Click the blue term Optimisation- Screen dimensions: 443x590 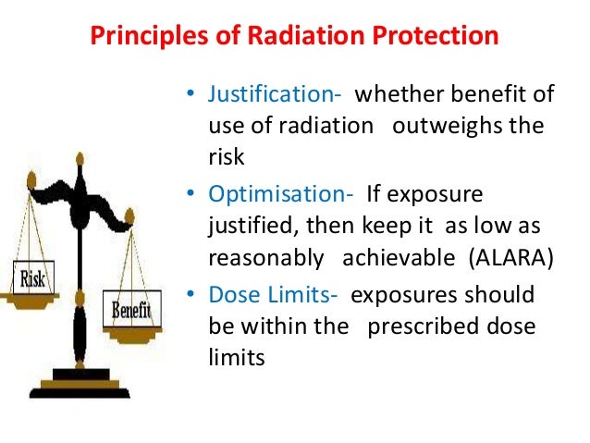281,195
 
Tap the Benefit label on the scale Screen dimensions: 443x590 131,310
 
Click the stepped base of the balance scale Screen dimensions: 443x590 82,383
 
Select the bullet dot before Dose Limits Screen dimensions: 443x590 191,295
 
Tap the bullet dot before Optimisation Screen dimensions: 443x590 191,196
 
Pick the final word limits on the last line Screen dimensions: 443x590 236,356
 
